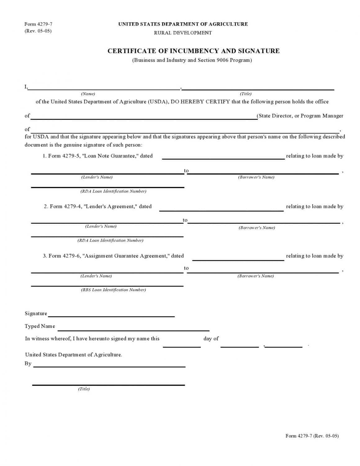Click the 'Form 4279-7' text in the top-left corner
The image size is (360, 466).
[x=38, y=24]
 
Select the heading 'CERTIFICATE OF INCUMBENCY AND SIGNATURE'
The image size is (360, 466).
[x=193, y=51]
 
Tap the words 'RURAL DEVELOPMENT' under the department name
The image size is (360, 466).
[x=183, y=33]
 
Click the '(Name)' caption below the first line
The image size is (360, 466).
[x=88, y=94]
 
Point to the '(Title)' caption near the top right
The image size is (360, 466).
[x=245, y=94]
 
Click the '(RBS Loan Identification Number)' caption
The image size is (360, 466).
[x=113, y=290]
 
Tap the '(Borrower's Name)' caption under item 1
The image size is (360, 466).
[x=256, y=177]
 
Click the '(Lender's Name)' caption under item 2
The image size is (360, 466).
[x=101, y=226]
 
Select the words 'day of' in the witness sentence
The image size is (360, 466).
[x=211, y=339]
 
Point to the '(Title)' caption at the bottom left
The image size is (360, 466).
[x=84, y=389]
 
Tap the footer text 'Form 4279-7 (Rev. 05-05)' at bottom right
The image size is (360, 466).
[x=312, y=436]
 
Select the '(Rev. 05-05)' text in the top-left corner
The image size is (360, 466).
[x=38, y=31]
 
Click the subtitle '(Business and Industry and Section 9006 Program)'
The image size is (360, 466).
[x=192, y=60]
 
